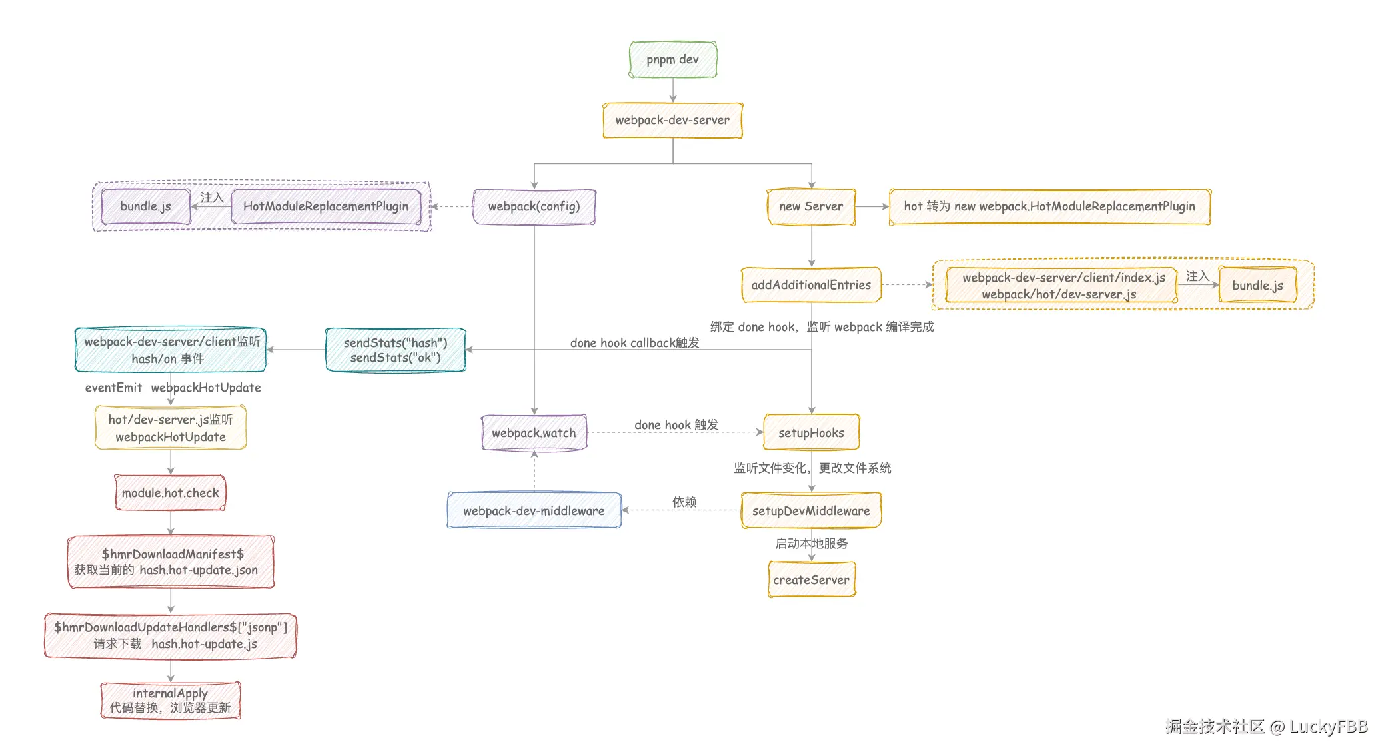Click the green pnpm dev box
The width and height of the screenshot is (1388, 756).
click(673, 59)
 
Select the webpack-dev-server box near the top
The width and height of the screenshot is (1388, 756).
click(672, 121)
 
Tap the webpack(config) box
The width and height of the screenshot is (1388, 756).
click(534, 206)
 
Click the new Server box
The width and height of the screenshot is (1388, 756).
click(811, 206)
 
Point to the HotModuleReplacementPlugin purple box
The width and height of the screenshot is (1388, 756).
click(326, 206)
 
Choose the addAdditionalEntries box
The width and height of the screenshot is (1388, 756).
click(811, 285)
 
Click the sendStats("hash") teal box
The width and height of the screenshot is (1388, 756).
click(395, 350)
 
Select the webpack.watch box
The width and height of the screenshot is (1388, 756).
click(534, 433)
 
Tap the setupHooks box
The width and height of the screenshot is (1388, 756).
click(811, 433)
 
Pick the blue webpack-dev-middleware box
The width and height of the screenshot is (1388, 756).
click(534, 511)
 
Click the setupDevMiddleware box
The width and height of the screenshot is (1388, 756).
click(811, 511)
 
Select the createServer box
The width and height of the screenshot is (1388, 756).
click(811, 580)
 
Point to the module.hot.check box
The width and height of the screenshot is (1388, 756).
click(171, 493)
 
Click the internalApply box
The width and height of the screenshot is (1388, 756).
click(171, 701)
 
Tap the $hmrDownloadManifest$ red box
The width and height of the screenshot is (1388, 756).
click(171, 562)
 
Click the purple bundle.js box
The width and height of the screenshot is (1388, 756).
click(146, 206)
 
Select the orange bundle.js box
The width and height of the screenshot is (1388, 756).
click(1257, 285)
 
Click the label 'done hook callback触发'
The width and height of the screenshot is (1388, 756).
click(634, 343)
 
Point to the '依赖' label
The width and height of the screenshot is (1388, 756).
click(684, 502)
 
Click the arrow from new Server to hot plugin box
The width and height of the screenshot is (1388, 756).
click(873, 206)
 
